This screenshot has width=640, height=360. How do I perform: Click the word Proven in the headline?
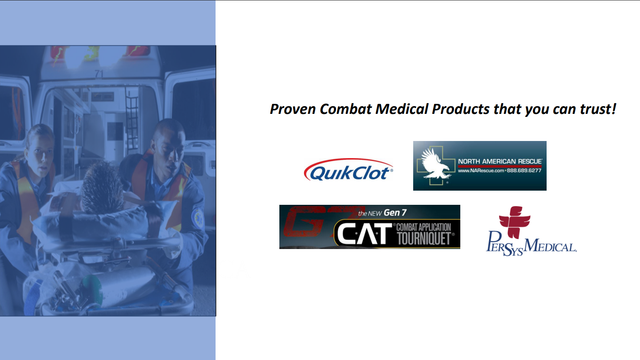pyautogui.click(x=293, y=109)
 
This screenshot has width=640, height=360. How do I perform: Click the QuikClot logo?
pyautogui.click(x=348, y=169)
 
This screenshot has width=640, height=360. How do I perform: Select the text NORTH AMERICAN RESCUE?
pyautogui.click(x=500, y=161)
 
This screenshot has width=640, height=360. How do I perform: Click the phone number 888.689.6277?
pyautogui.click(x=524, y=171)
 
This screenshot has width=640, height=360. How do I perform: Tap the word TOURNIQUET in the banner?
pyautogui.click(x=424, y=239)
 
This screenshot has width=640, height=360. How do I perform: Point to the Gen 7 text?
pyautogui.click(x=395, y=213)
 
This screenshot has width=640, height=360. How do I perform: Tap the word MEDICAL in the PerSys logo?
pyautogui.click(x=550, y=246)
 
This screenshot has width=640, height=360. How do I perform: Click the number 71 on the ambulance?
pyautogui.click(x=99, y=74)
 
